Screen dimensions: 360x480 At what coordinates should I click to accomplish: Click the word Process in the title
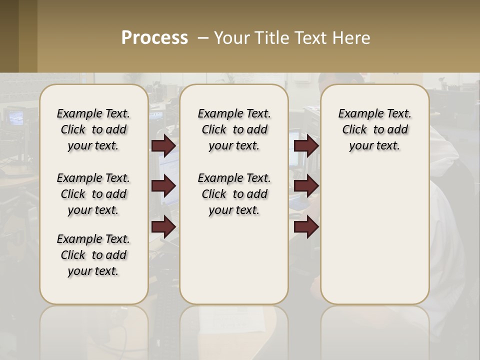154,38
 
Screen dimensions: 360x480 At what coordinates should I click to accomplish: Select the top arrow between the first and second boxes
163,145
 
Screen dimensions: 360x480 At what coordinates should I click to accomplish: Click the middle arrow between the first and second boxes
163,186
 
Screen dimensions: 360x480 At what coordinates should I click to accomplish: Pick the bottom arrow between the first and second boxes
163,227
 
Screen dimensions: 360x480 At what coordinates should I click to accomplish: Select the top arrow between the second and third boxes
306,145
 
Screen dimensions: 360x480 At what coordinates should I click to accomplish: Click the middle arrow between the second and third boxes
306,186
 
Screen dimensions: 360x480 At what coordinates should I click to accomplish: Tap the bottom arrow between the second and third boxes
306,227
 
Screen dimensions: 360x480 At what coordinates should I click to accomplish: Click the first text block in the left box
93,129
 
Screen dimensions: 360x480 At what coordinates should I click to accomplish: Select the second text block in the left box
93,194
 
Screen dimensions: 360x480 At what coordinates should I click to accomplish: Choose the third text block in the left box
93,255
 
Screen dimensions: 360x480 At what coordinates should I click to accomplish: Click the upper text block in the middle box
234,129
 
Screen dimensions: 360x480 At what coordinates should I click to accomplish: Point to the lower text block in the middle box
234,194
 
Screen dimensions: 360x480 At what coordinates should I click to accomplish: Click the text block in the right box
374,129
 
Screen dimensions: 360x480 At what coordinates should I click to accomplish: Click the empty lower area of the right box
374,235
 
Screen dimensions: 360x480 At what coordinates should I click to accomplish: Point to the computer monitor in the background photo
15,118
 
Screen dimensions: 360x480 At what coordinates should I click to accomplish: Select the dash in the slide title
203,38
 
